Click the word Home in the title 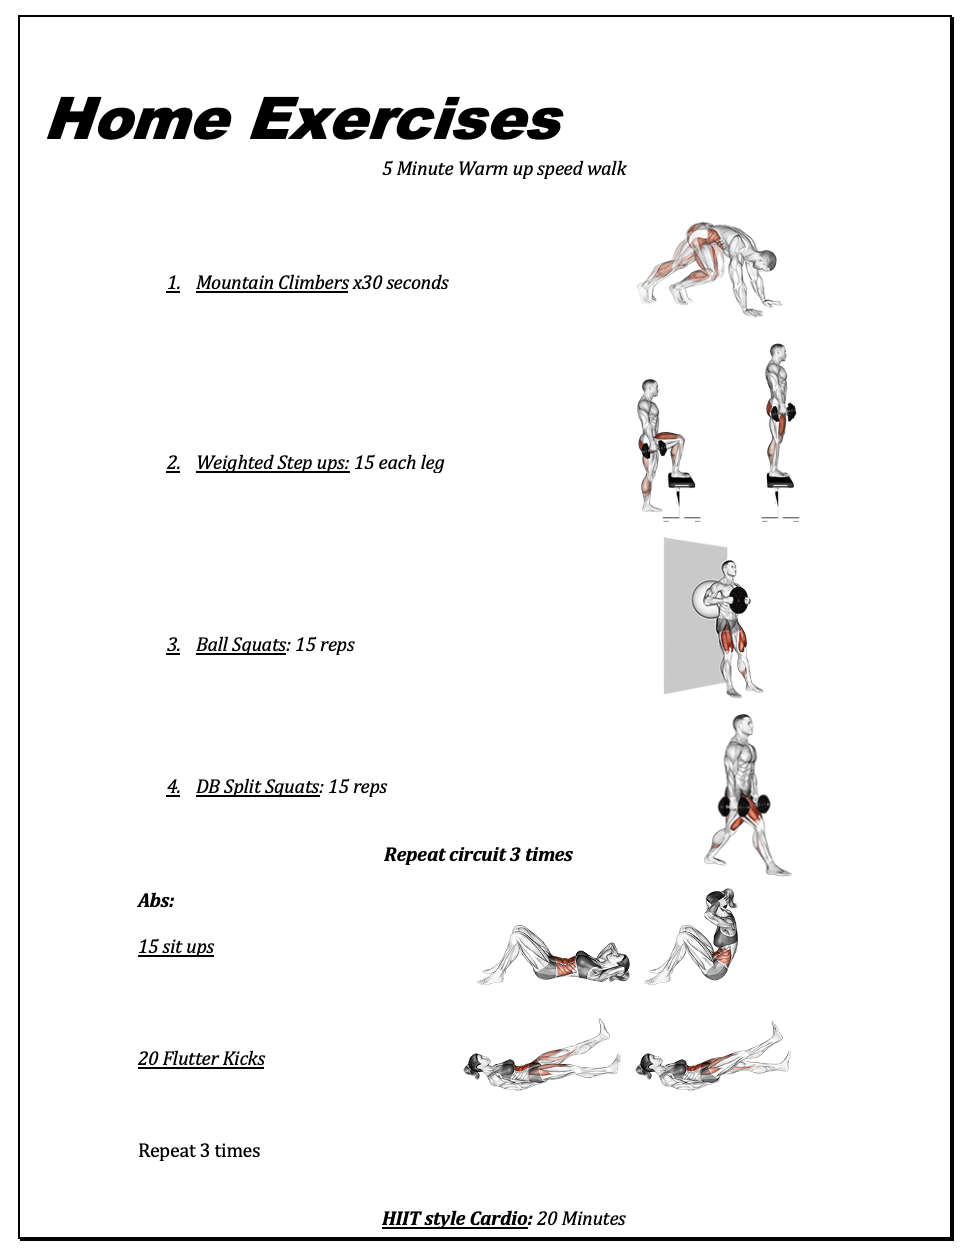point(139,119)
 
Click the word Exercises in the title point(406,119)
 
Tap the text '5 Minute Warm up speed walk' point(504,168)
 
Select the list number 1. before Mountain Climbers point(173,283)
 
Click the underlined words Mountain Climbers point(272,283)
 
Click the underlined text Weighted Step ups point(273,463)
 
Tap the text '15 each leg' point(399,463)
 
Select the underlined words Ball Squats point(241,644)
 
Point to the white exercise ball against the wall point(703,601)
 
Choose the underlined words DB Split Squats point(258,786)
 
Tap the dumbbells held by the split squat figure point(744,805)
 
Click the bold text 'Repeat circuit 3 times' point(478,854)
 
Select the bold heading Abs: point(156,900)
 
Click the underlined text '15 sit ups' point(176,947)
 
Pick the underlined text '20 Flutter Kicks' point(201,1058)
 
